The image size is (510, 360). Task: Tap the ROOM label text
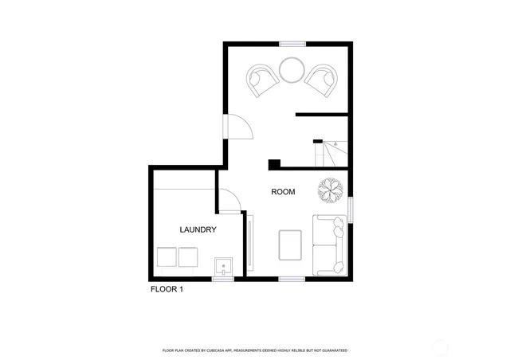(x=283, y=192)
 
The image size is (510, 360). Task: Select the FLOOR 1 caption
(x=167, y=290)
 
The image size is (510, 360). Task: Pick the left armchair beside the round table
(x=263, y=80)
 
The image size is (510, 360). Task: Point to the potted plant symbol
(x=330, y=190)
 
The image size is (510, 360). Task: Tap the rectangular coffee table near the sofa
(x=291, y=245)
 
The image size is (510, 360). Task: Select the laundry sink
(x=223, y=266)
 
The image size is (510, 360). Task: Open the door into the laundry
(x=229, y=199)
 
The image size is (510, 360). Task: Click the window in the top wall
(x=292, y=43)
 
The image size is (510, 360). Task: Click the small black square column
(x=274, y=165)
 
